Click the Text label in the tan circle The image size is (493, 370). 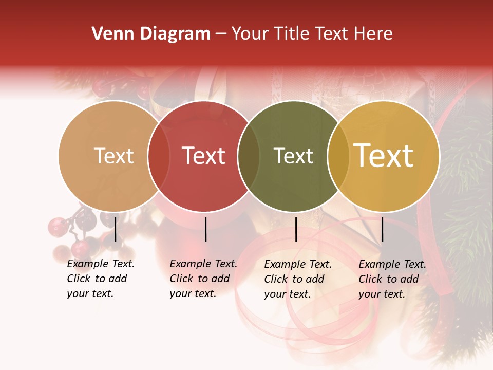click(x=113, y=156)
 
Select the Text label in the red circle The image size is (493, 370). click(x=204, y=156)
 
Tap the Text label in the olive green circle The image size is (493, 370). click(x=293, y=156)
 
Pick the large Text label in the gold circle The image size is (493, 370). click(x=384, y=156)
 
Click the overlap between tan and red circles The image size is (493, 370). click(x=159, y=156)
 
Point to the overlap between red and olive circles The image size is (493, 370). click(x=249, y=156)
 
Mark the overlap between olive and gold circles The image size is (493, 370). click(x=338, y=156)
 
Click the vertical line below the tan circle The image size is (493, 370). click(x=115, y=229)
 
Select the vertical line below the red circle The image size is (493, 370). click(x=205, y=229)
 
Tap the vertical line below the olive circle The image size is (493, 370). click(x=296, y=229)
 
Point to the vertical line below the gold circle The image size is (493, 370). click(x=382, y=229)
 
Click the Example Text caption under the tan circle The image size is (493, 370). click(x=100, y=279)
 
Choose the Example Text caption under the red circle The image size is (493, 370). click(x=203, y=279)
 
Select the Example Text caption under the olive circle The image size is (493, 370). click(x=297, y=279)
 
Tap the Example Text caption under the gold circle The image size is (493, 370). click(x=392, y=279)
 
